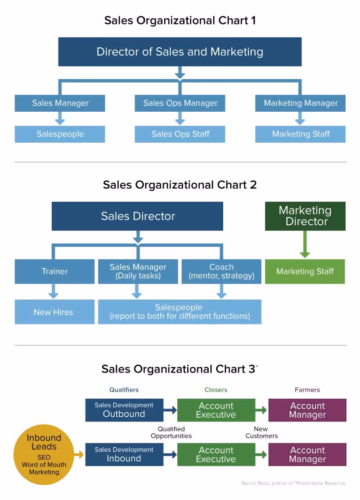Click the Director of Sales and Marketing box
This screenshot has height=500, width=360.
[x=180, y=51]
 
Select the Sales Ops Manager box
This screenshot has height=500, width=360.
[x=180, y=103]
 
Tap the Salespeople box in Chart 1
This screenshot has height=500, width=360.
[x=60, y=134]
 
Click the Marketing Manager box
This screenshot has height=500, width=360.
[x=301, y=103]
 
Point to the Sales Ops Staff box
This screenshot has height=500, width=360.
[x=180, y=134]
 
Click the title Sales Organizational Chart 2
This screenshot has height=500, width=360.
[x=180, y=185]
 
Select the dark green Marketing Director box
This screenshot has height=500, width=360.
[x=305, y=216]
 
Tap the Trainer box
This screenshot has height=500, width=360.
[x=54, y=271]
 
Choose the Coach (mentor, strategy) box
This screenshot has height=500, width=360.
[x=221, y=271]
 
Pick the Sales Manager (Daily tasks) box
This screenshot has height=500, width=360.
[x=138, y=271]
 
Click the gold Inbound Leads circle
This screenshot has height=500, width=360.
[x=44, y=455]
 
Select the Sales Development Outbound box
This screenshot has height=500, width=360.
[x=124, y=409]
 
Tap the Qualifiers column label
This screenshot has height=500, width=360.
[x=124, y=390]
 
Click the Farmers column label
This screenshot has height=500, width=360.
[x=307, y=390]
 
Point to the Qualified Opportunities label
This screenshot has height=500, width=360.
[x=171, y=432]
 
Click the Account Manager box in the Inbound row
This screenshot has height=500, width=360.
[x=307, y=454]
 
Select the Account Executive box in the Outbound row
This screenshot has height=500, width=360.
[x=216, y=409]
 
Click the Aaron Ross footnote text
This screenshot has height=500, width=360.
[x=293, y=483]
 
